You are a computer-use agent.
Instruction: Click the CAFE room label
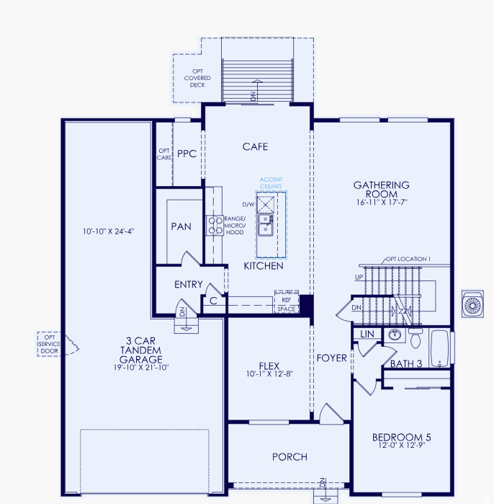[255, 147]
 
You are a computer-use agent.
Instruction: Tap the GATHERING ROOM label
[381, 190]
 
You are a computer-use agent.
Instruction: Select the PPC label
[187, 154]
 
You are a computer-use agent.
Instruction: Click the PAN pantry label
[181, 226]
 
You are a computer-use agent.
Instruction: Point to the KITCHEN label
[263, 266]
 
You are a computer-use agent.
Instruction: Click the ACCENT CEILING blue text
[271, 183]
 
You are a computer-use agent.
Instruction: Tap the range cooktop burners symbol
[215, 226]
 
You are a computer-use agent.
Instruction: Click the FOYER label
[331, 358]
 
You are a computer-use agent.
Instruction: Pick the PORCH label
[289, 456]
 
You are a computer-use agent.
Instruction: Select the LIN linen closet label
[367, 335]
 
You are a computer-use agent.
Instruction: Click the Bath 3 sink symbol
[394, 335]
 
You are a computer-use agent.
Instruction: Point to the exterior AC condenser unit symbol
[473, 305]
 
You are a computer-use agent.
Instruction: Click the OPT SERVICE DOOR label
[49, 344]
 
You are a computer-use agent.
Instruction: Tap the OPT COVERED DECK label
[197, 78]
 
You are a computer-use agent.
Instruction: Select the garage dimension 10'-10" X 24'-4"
[109, 231]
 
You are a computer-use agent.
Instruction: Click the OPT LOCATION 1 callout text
[408, 259]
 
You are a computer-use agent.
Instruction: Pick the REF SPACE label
[286, 304]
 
